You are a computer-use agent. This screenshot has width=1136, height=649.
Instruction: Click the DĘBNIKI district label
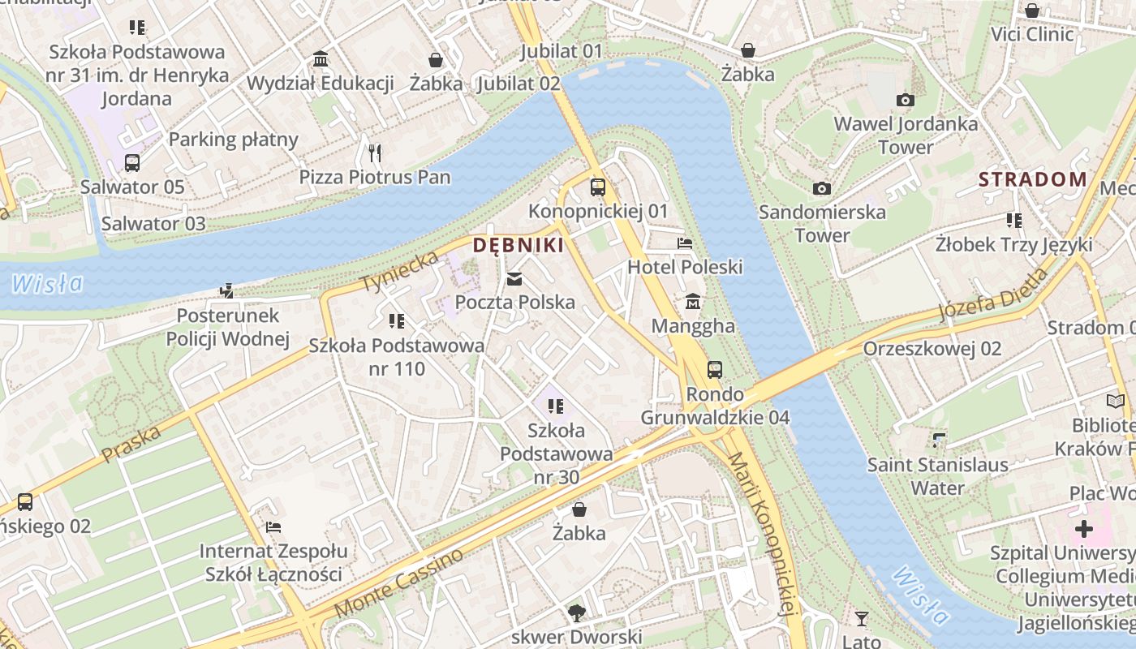518,245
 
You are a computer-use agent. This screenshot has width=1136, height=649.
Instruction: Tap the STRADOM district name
1032,179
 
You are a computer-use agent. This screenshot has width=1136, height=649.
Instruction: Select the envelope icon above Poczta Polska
514,280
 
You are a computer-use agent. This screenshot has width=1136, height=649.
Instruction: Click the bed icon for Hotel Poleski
686,243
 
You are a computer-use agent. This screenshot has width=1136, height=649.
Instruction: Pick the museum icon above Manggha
693,302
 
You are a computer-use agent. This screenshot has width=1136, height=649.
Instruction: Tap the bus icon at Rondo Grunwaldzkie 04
715,370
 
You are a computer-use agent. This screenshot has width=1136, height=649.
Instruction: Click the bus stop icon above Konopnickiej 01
598,187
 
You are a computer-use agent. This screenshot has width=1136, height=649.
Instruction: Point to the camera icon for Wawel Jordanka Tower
906,101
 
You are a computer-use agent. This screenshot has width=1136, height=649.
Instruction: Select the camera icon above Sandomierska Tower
822,189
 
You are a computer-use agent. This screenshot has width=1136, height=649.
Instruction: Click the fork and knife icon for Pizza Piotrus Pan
374,153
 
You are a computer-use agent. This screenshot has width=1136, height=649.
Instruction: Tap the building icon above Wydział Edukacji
321,59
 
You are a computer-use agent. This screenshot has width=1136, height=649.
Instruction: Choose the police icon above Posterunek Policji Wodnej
228,290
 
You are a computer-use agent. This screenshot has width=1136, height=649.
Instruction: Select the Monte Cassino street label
398,583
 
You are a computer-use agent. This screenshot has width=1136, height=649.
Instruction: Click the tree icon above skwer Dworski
577,612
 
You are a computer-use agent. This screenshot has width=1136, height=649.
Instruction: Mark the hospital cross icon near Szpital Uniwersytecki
1083,530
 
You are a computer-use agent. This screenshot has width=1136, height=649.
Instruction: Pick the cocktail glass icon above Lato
862,620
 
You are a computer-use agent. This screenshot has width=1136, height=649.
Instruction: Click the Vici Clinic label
1032,34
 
